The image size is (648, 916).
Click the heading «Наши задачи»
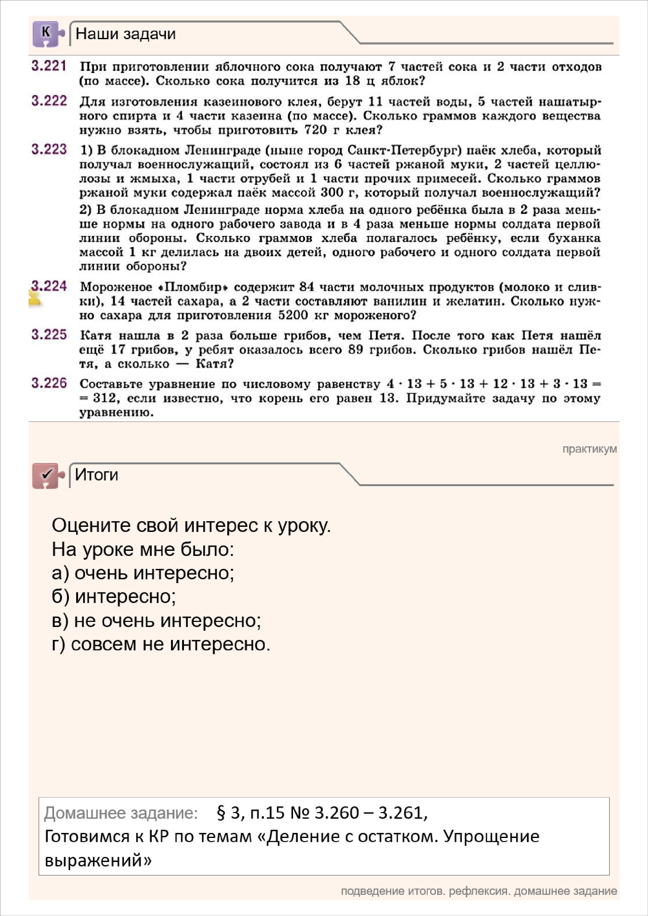tap(125, 34)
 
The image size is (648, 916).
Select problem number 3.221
tap(49, 66)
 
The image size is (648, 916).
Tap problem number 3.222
tap(49, 101)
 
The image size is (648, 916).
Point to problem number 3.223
tap(49, 150)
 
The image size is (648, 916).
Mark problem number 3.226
tap(49, 383)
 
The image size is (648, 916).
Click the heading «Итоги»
tap(97, 475)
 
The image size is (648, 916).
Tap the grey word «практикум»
tap(589, 449)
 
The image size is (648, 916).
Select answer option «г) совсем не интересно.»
tap(161, 644)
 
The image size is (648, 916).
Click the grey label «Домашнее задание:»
tap(120, 813)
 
